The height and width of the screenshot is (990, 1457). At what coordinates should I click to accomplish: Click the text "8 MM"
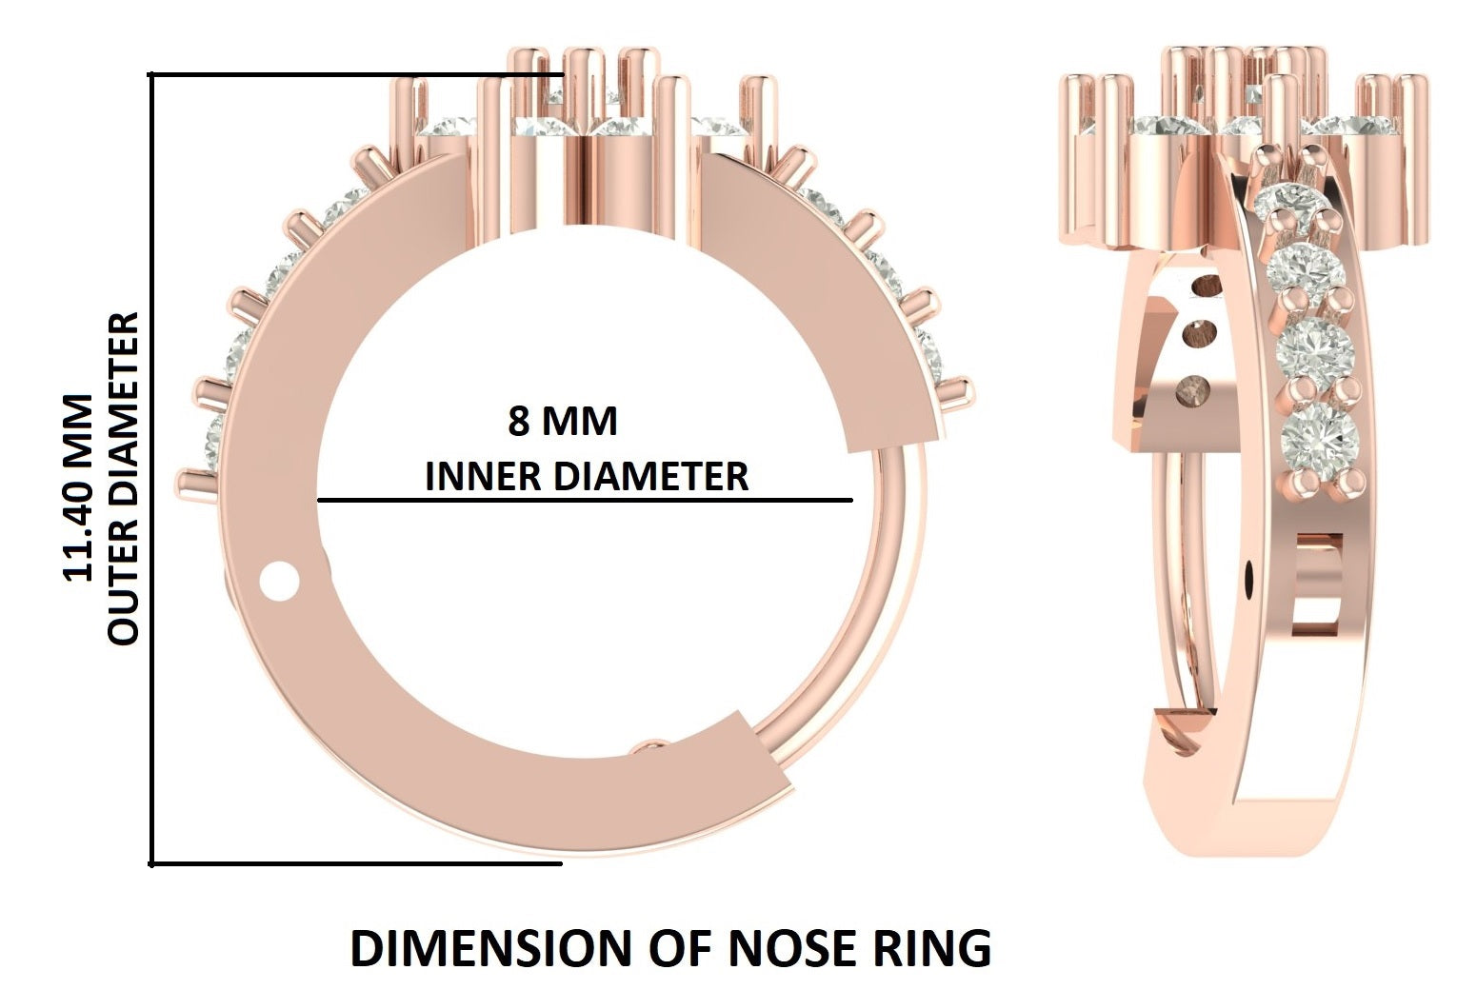coord(562,421)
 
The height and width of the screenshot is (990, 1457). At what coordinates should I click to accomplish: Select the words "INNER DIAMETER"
coord(586,476)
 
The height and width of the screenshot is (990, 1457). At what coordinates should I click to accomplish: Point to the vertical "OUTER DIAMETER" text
coord(124,479)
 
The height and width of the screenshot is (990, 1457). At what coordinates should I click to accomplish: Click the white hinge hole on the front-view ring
coord(279,581)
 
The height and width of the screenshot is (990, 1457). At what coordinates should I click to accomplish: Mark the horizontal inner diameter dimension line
coord(585,499)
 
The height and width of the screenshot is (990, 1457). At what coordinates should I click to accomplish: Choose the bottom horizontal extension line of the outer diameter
coord(357,863)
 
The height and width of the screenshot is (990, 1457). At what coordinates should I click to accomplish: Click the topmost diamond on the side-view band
coord(1285,201)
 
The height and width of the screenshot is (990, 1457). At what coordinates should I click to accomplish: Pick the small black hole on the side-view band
coord(1249,575)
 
